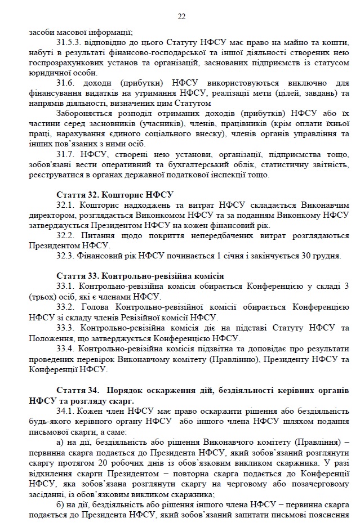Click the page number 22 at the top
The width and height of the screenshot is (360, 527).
(181, 16)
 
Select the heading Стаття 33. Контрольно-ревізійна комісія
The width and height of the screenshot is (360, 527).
(140, 276)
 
